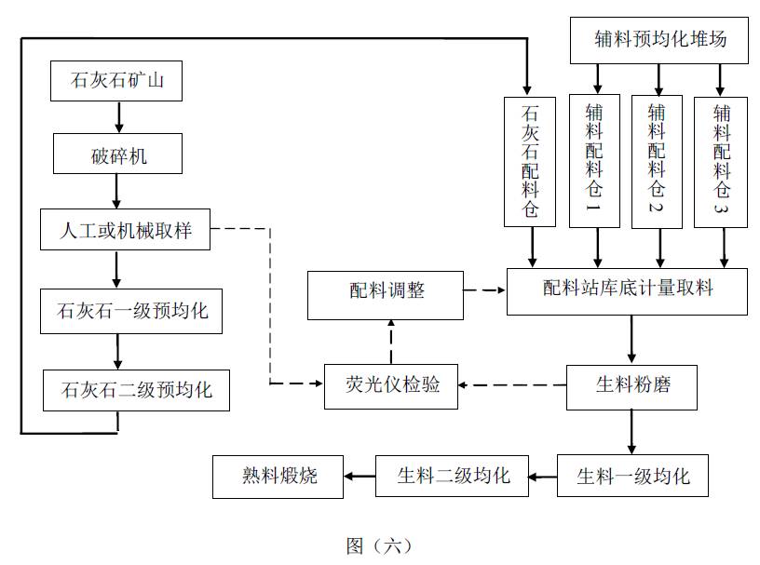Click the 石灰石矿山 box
click(116, 80)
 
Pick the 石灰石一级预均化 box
click(132, 311)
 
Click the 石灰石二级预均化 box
click(136, 389)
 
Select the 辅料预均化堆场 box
click(659, 40)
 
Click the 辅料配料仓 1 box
click(594, 160)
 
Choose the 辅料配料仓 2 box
click(658, 160)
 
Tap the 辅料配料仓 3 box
click(722, 160)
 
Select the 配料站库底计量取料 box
click(627, 290)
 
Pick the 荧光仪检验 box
click(391, 384)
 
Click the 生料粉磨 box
click(631, 384)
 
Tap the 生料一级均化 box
click(632, 476)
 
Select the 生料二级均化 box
click(453, 476)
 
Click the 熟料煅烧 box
click(278, 476)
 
